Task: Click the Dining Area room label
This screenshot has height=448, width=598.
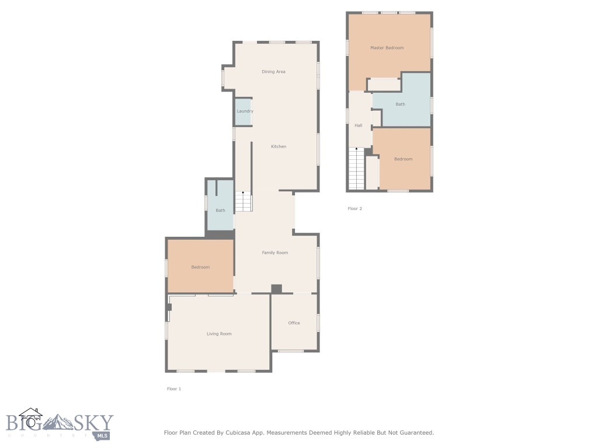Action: click(273, 72)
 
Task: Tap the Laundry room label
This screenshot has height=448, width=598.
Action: click(245, 111)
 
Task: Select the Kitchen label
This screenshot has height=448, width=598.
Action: click(279, 146)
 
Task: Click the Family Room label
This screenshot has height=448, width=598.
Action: click(274, 253)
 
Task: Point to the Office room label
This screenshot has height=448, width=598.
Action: click(294, 323)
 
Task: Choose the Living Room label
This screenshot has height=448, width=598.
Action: click(219, 334)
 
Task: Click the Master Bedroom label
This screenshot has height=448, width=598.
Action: click(387, 48)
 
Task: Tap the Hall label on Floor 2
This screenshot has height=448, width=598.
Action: click(359, 125)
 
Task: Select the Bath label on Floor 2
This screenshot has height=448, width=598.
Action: click(400, 104)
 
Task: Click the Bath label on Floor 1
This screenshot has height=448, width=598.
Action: click(220, 211)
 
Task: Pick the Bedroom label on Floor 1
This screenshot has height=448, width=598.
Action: click(200, 267)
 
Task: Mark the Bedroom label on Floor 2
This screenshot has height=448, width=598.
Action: click(403, 159)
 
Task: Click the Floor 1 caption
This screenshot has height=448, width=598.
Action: click(174, 388)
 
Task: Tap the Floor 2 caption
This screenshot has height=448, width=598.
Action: click(354, 208)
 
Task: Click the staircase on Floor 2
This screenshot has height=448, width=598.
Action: click(356, 169)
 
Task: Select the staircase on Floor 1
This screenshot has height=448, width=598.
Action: click(244, 202)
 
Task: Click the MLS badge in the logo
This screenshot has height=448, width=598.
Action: click(103, 435)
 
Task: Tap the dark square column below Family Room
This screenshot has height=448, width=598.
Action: click(277, 289)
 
